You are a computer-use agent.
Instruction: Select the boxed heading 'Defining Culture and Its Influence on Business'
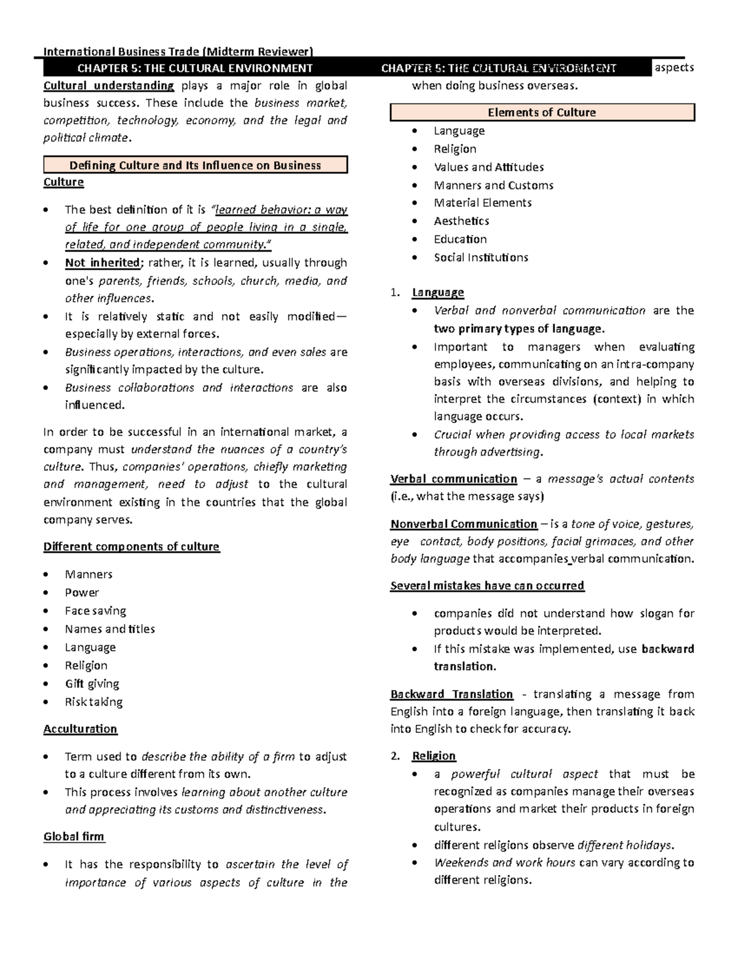pyautogui.click(x=195, y=165)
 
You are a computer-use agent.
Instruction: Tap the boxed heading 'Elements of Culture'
pyautogui.click(x=542, y=113)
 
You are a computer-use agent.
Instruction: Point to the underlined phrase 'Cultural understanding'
pyautogui.click(x=109, y=85)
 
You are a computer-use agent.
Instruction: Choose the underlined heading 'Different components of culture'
pyautogui.click(x=131, y=547)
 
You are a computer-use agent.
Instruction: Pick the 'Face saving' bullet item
pyautogui.click(x=95, y=611)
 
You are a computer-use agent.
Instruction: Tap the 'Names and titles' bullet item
pyautogui.click(x=109, y=628)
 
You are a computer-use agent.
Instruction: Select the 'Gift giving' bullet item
pyautogui.click(x=92, y=683)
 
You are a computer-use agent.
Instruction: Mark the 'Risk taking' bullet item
pyautogui.click(x=93, y=702)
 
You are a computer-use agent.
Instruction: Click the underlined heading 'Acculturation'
pyautogui.click(x=80, y=729)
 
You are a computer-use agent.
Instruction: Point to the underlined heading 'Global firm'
pyautogui.click(x=74, y=836)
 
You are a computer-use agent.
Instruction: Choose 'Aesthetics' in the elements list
pyautogui.click(x=461, y=221)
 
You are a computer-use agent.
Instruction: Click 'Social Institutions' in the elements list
pyautogui.click(x=481, y=257)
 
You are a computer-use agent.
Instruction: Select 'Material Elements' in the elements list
pyautogui.click(x=483, y=202)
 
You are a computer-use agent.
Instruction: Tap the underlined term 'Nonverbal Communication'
pyautogui.click(x=464, y=524)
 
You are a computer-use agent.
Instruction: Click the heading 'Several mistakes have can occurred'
pyautogui.click(x=487, y=585)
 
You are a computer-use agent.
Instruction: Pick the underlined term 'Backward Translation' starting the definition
pyautogui.click(x=451, y=694)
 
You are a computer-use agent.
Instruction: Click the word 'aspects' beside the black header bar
pyautogui.click(x=674, y=68)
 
